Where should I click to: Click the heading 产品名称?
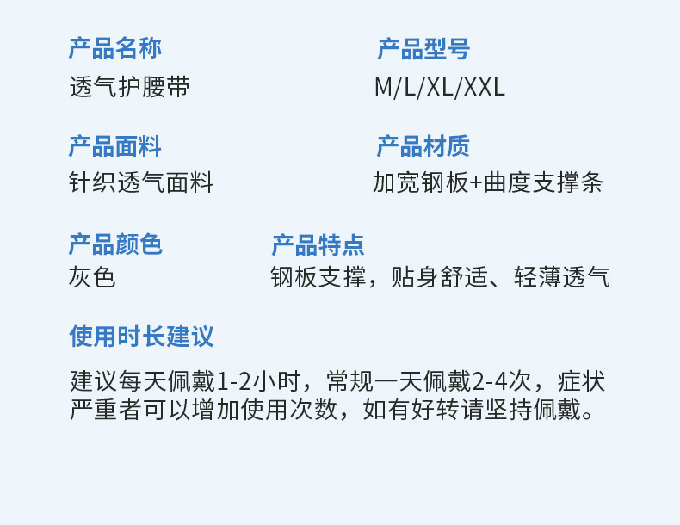(114, 49)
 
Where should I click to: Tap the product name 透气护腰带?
(129, 87)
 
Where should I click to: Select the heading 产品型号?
(423, 49)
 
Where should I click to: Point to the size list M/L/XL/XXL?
(440, 87)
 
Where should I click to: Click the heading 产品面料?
(114, 146)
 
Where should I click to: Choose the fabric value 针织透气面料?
(141, 183)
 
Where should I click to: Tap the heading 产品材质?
(423, 146)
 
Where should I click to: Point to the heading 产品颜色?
(114, 244)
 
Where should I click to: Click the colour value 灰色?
(92, 277)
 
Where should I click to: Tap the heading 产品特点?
(318, 244)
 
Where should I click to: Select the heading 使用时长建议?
(141, 336)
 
